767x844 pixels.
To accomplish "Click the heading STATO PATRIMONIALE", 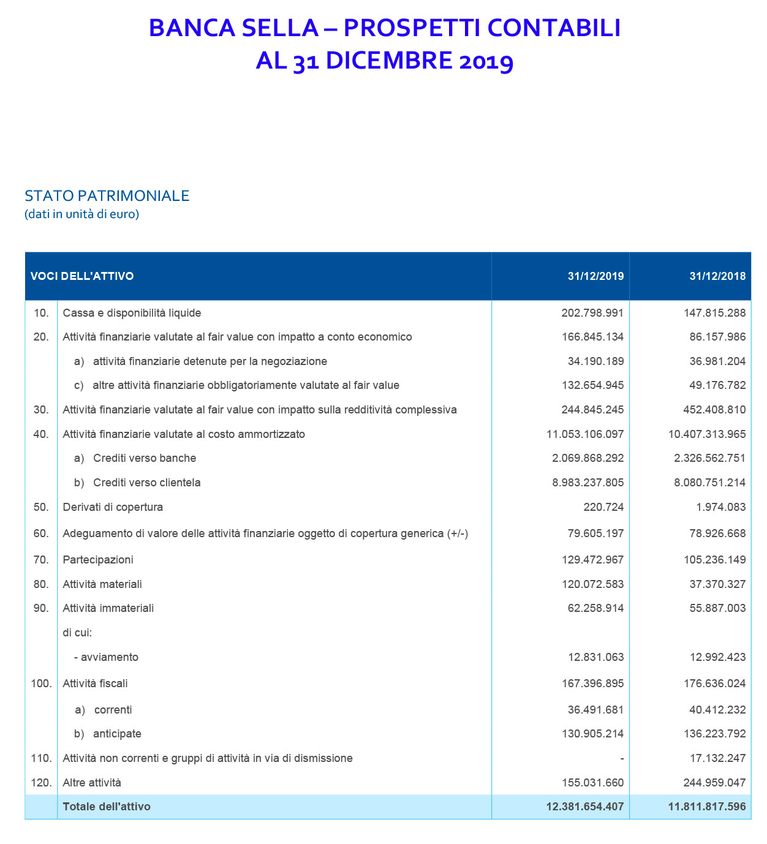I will (107, 196).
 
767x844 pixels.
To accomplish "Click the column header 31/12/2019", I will (595, 276).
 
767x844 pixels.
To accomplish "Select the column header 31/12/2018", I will (717, 276).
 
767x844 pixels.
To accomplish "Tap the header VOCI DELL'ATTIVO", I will (82, 276).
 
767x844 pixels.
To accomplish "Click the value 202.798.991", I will (592, 313).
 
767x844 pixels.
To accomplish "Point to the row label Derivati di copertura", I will (113, 507).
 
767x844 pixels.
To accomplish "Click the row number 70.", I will (41, 560).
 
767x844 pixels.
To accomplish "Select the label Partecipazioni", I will (98, 560).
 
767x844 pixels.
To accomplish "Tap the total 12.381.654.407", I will (584, 807).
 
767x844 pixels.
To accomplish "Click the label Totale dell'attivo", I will (107, 807).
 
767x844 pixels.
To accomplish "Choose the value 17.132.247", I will (717, 758).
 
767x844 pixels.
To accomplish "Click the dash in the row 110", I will (621, 758).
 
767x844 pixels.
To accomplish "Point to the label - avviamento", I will (106, 657).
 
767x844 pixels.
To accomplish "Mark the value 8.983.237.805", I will (588, 483).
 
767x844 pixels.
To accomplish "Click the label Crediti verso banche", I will (145, 458).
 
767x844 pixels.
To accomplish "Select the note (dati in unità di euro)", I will (81, 214).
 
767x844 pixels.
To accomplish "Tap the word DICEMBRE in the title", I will (389, 61).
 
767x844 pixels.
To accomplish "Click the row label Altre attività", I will (92, 783).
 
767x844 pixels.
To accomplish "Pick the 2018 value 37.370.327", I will (717, 584).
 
